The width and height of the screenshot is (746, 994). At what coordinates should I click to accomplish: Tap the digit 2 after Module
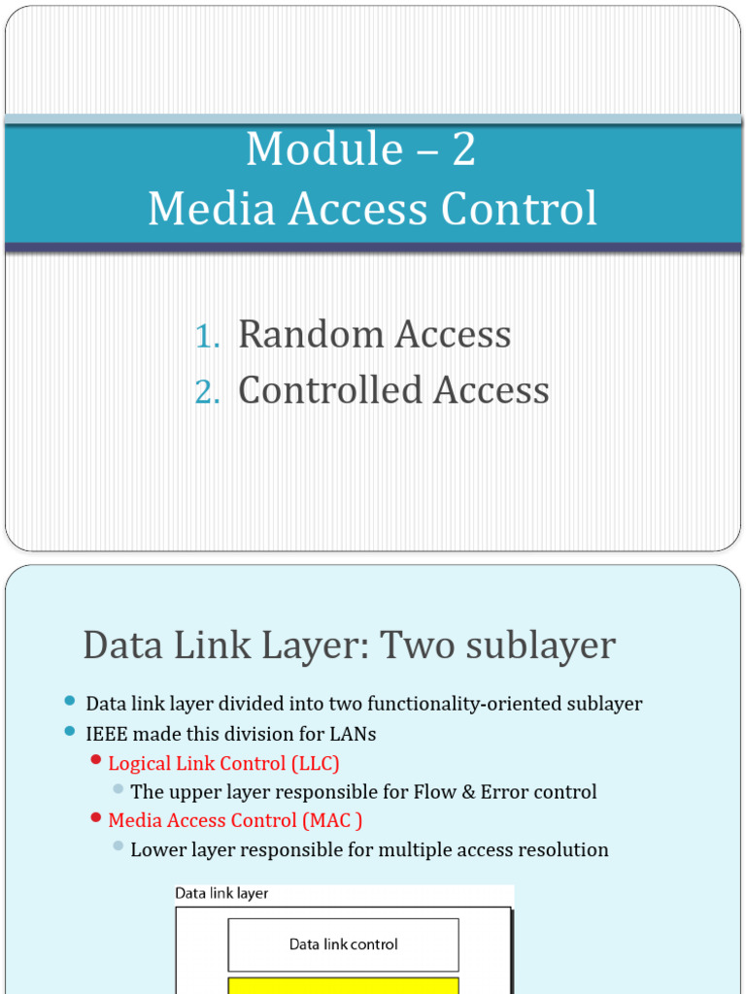[463, 150]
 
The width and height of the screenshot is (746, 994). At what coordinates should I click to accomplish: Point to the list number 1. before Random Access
[207, 336]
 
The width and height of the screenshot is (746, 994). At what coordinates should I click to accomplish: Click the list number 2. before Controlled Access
[207, 392]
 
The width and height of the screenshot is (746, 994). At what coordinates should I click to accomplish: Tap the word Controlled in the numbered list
[329, 390]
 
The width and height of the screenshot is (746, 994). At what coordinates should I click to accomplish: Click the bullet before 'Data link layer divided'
[69, 701]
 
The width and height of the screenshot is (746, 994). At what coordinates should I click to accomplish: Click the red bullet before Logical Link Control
[95, 760]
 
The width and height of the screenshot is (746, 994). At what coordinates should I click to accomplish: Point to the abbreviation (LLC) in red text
[308, 763]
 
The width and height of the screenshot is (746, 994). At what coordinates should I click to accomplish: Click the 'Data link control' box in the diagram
[343, 944]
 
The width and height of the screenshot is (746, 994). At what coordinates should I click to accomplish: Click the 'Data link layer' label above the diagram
[221, 892]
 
